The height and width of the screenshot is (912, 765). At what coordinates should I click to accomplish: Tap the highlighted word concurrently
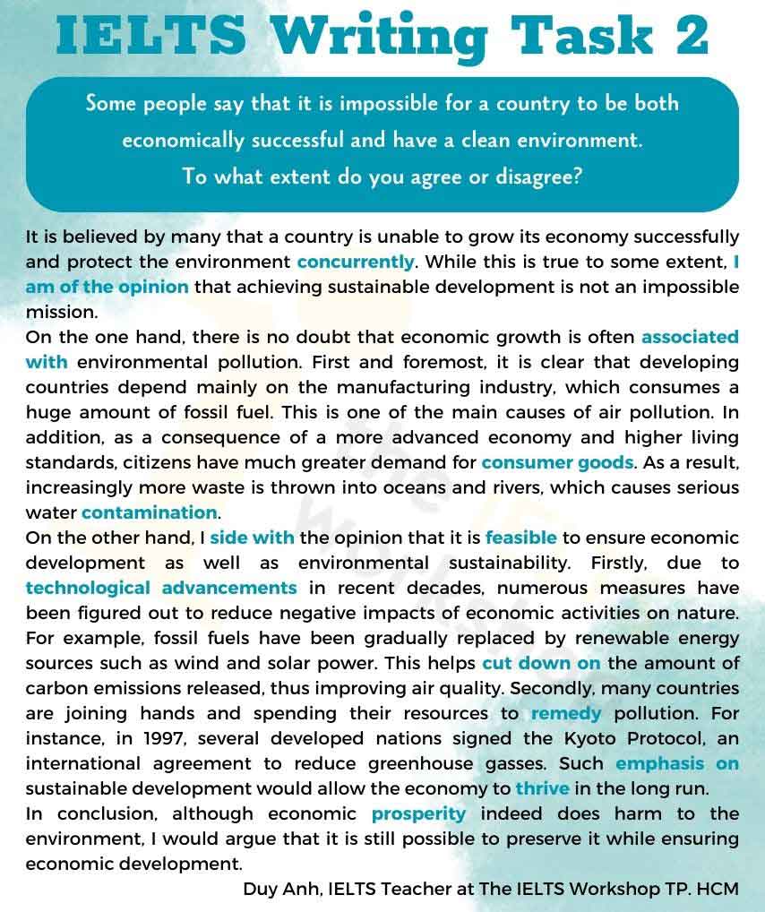[356, 262]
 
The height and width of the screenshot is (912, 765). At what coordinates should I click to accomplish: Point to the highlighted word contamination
[150, 513]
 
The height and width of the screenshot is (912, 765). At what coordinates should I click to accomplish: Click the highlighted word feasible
[521, 538]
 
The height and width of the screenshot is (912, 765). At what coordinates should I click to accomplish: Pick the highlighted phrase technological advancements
[161, 589]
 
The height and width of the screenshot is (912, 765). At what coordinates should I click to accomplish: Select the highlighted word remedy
[566, 714]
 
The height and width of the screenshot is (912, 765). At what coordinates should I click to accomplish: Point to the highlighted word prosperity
[419, 814]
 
